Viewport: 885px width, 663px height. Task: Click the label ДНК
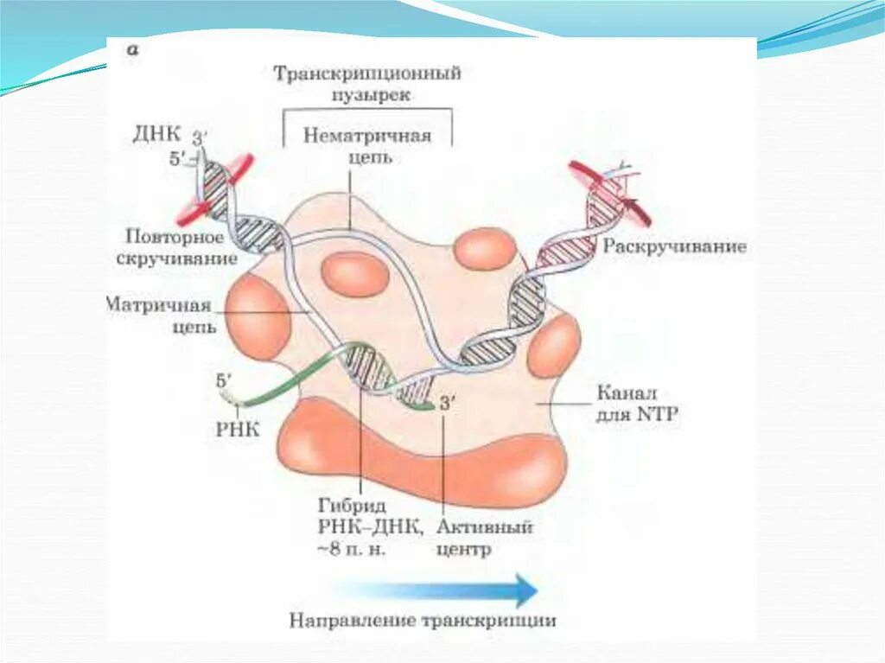(x=156, y=135)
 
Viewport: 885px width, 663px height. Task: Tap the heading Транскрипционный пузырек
(x=367, y=84)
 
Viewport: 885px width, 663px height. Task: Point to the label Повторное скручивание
(x=175, y=247)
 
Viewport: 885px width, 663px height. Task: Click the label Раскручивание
(x=674, y=247)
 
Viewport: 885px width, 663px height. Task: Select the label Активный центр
(x=484, y=536)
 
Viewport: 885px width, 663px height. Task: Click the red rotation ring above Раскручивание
(x=596, y=186)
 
